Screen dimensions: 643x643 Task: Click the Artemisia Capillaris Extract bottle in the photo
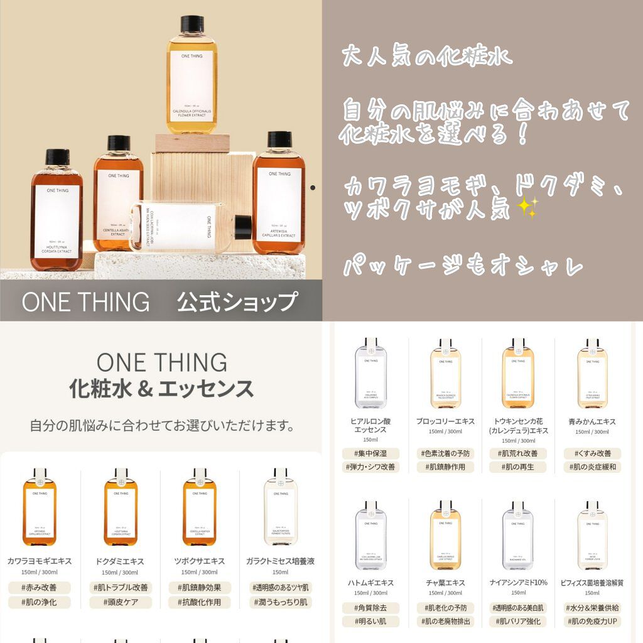coord(279,195)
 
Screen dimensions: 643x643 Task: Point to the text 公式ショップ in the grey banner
coord(236,302)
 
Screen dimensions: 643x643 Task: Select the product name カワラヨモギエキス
coord(40,561)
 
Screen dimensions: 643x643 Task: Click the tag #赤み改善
coord(40,588)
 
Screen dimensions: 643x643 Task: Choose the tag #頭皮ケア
coord(119,602)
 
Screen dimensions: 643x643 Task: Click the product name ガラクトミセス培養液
coord(279,561)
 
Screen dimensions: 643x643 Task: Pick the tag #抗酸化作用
coord(199,602)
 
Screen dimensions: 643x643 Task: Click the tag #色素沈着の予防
coord(445,453)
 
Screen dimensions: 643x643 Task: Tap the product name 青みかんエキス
coord(593,421)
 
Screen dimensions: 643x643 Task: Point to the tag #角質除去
coord(370,608)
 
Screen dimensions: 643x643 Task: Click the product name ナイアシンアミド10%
coord(518,582)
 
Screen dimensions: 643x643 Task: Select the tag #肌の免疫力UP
coord(593,622)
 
